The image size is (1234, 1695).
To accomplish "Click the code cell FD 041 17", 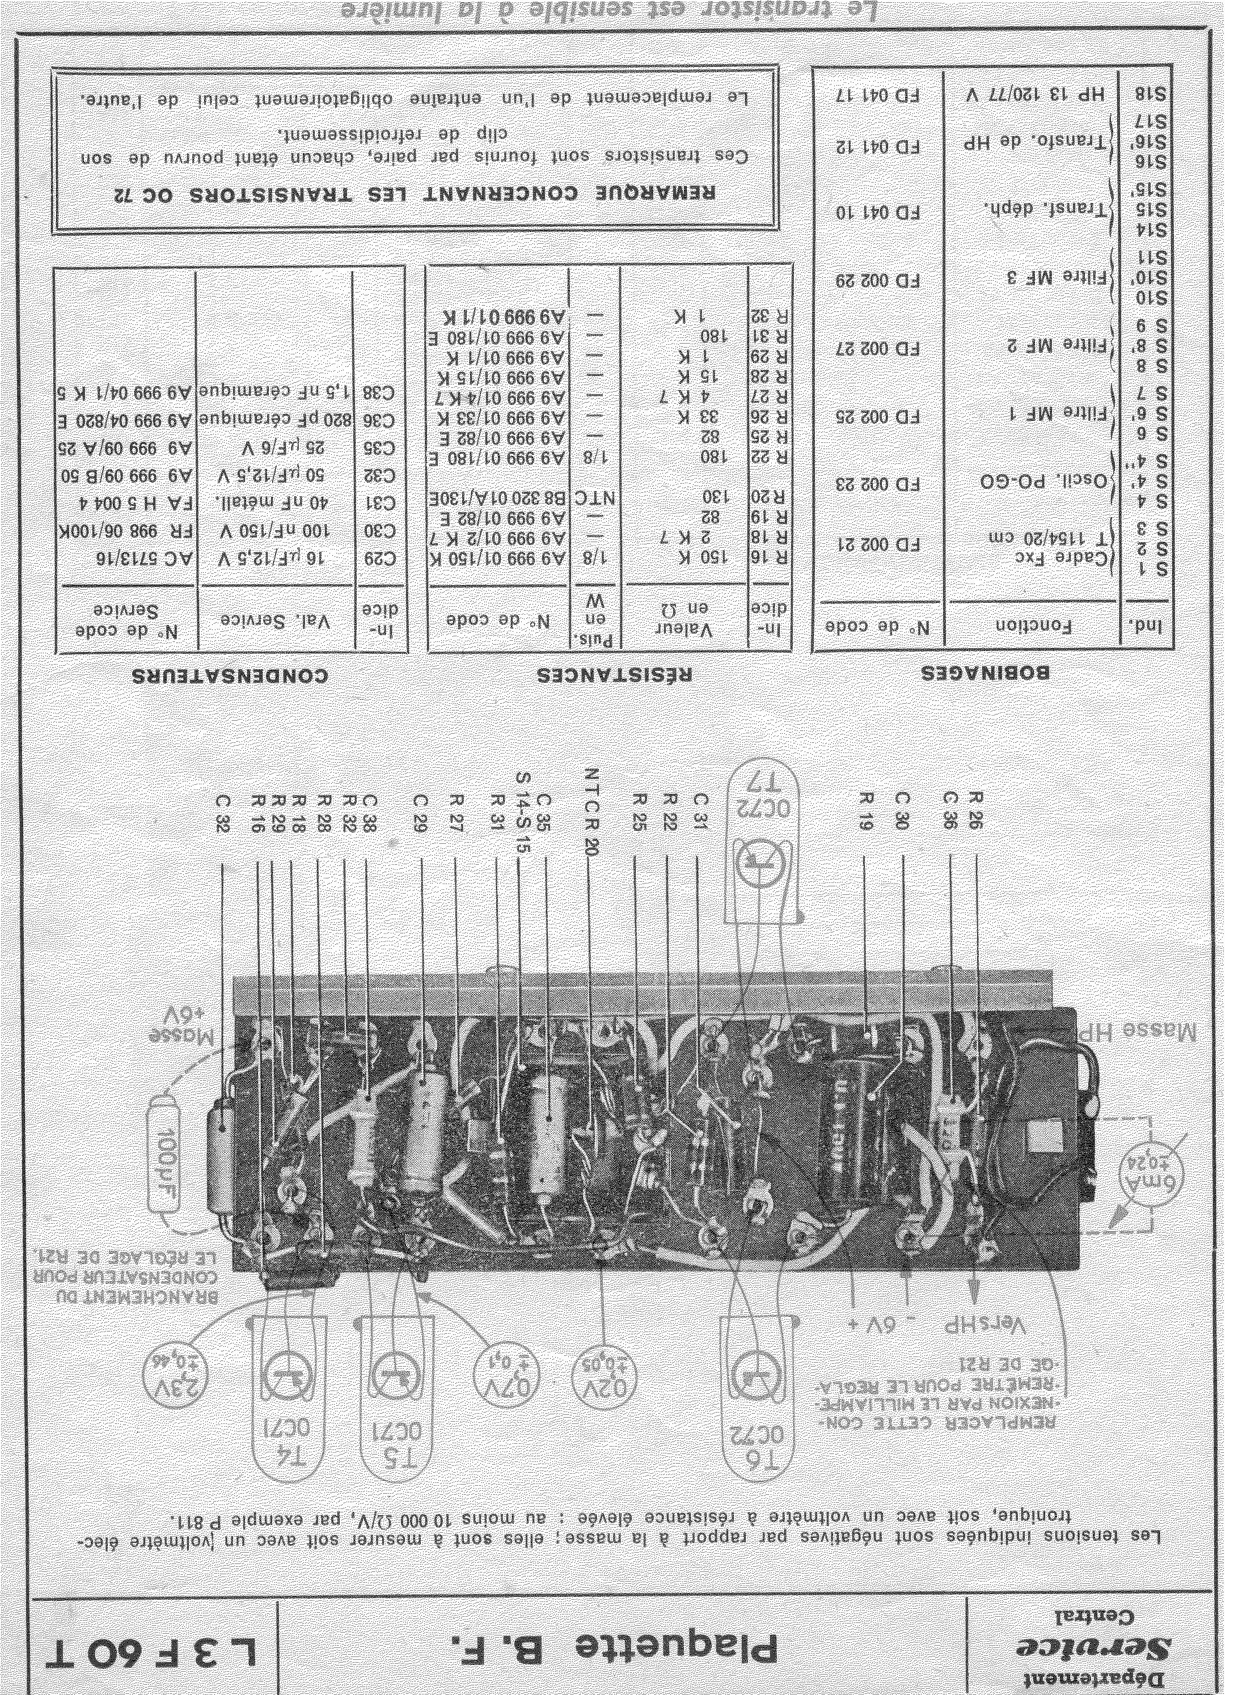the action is pos(878,96).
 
